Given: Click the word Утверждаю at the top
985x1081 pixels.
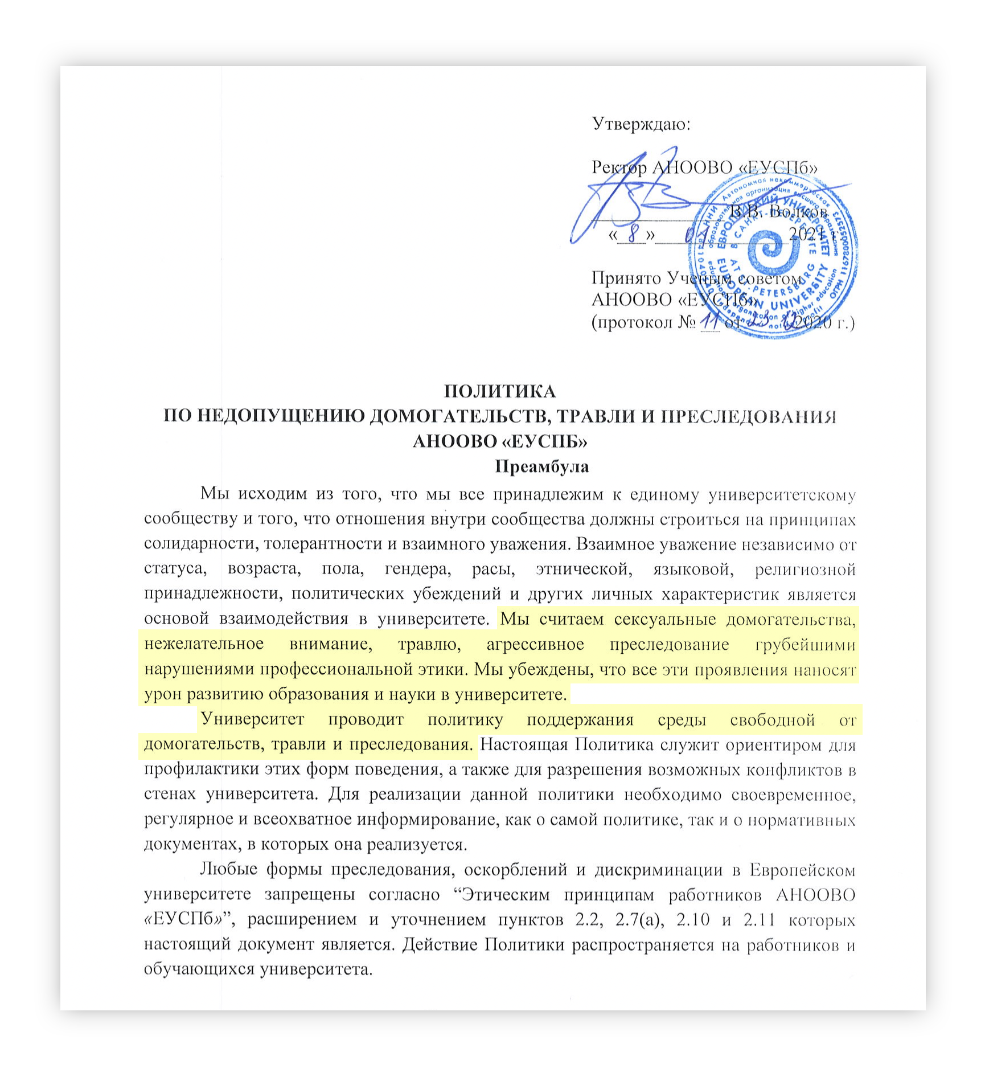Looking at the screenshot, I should (641, 124).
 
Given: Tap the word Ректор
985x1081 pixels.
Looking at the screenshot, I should (619, 167).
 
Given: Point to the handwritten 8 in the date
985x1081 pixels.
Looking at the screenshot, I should (631, 235).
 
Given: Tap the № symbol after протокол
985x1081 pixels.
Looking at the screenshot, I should (687, 323).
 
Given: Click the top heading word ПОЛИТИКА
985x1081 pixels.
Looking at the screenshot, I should (500, 392).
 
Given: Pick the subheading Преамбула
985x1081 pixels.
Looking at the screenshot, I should (541, 466).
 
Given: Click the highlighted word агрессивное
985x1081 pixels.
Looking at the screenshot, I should (535, 644).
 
